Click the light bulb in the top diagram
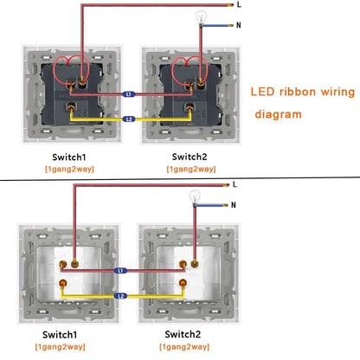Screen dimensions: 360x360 (x=201, y=18)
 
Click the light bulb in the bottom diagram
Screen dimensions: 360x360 (x=195, y=197)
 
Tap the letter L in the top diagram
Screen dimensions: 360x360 (x=239, y=4)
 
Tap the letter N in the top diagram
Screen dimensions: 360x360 (x=239, y=25)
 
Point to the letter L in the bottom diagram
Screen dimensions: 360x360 (x=235, y=184)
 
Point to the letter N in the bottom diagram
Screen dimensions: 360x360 (x=234, y=205)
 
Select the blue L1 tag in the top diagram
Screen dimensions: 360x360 (x=129, y=94)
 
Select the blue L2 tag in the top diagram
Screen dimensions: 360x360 (x=129, y=119)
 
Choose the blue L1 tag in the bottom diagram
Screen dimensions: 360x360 (x=120, y=271)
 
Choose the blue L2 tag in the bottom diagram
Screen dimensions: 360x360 (x=120, y=296)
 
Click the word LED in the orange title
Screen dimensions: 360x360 (x=262, y=92)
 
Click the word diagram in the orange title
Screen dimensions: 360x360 (x=278, y=114)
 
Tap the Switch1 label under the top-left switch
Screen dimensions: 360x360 (x=69, y=157)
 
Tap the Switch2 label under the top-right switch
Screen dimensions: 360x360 (x=190, y=157)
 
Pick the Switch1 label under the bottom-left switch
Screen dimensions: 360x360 (x=60, y=335)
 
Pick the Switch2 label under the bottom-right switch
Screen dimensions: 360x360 (x=183, y=334)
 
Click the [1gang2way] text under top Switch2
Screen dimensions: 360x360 (x=191, y=169)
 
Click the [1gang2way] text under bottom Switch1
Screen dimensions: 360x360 (x=60, y=346)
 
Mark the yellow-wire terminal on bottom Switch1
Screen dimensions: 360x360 (x=62, y=284)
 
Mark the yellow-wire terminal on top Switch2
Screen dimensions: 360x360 (x=190, y=108)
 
